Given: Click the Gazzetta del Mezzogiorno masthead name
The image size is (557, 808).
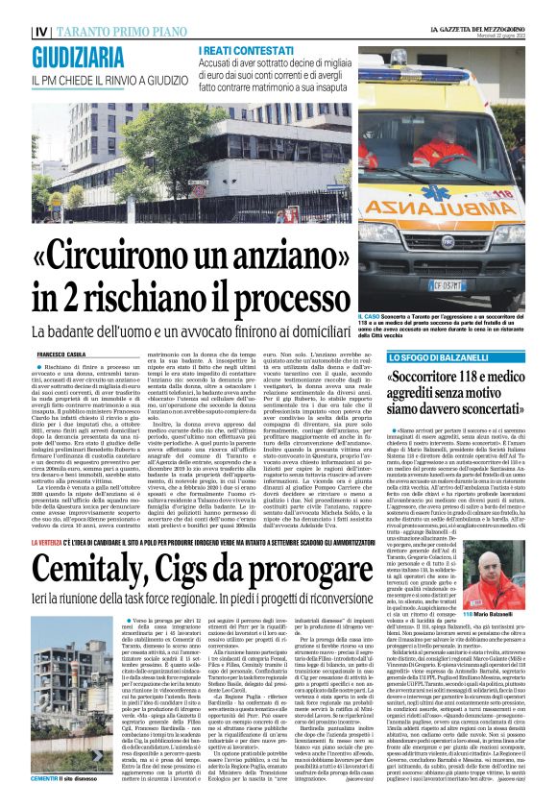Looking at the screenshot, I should (x=486, y=8).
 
